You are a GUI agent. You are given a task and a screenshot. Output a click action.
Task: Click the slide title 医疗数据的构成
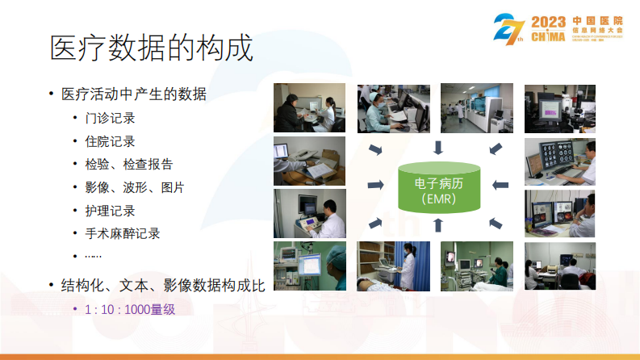151,48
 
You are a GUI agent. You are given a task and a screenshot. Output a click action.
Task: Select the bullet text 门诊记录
110,118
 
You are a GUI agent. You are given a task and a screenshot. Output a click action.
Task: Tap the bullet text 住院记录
110,141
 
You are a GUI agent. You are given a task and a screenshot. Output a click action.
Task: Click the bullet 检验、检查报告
128,164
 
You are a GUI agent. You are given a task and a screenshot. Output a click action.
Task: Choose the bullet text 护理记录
110,211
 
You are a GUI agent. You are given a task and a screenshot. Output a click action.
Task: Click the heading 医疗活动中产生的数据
134,94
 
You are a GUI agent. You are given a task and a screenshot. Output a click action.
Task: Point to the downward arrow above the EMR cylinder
438,147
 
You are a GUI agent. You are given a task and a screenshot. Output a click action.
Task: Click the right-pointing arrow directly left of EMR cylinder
375,186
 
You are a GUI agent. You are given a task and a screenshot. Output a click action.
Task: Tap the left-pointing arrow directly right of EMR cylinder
501,186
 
